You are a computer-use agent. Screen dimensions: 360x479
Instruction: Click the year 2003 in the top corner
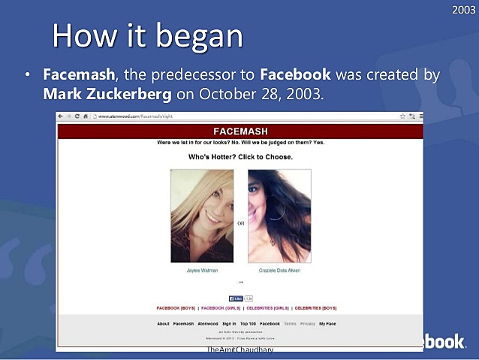pos(464,9)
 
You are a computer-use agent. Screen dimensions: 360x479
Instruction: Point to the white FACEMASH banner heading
pos(239,132)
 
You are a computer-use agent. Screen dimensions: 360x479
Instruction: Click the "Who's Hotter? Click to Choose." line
pos(240,157)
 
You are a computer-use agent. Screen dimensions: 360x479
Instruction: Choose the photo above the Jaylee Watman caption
pos(202,216)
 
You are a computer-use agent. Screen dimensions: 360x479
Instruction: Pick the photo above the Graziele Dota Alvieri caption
pos(279,216)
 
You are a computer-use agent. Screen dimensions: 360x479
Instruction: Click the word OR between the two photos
pos(241,222)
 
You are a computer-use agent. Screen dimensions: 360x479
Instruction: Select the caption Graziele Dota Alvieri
pos(279,270)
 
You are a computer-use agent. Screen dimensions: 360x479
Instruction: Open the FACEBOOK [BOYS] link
pos(175,308)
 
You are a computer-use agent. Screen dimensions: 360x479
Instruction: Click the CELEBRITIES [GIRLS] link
pos(268,308)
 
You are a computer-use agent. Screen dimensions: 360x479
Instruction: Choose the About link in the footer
pos(163,324)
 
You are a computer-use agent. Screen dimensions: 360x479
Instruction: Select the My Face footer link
pos(327,324)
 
